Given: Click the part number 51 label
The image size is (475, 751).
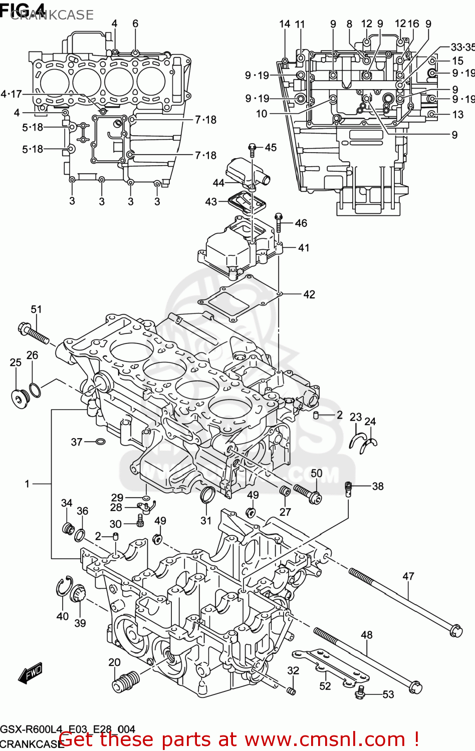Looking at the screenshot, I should [x=36, y=309].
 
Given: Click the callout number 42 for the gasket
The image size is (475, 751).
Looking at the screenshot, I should [x=309, y=294].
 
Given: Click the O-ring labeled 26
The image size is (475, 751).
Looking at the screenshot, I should [x=35, y=389].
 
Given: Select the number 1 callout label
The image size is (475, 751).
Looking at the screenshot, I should [x=28, y=484].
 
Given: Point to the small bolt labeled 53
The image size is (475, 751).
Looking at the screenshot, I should [x=359, y=692].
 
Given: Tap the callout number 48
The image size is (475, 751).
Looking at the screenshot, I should [x=367, y=635].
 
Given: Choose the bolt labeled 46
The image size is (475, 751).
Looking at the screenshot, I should [x=279, y=222].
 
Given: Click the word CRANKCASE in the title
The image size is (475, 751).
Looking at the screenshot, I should [x=52, y=15].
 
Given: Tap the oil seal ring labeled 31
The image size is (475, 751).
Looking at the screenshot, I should [x=207, y=494].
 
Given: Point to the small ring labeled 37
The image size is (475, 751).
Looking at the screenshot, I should [x=100, y=442].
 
